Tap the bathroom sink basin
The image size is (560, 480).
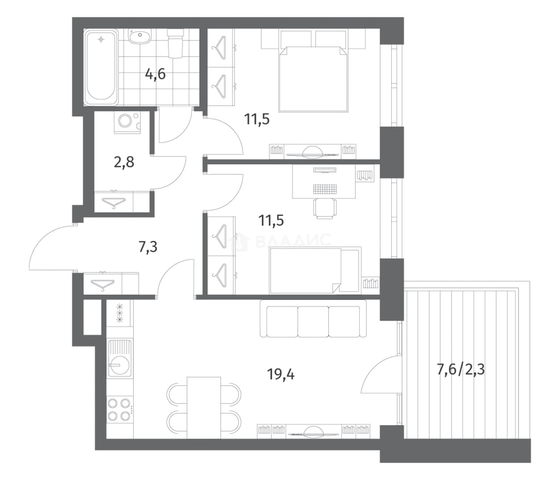[139, 36]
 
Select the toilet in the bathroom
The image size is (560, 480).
[176, 43]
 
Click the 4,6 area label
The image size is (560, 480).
[155, 74]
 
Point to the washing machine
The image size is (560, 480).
[127, 122]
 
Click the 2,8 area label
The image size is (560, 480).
[124, 162]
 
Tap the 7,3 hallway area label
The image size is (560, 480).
[148, 247]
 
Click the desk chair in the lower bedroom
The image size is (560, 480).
[325, 208]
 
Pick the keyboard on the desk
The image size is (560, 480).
[325, 189]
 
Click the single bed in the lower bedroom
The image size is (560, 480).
[315, 270]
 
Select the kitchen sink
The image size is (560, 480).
[120, 358]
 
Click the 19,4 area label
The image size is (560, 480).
[281, 375]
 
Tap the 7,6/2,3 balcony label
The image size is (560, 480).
[460, 369]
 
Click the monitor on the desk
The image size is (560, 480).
[325, 170]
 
